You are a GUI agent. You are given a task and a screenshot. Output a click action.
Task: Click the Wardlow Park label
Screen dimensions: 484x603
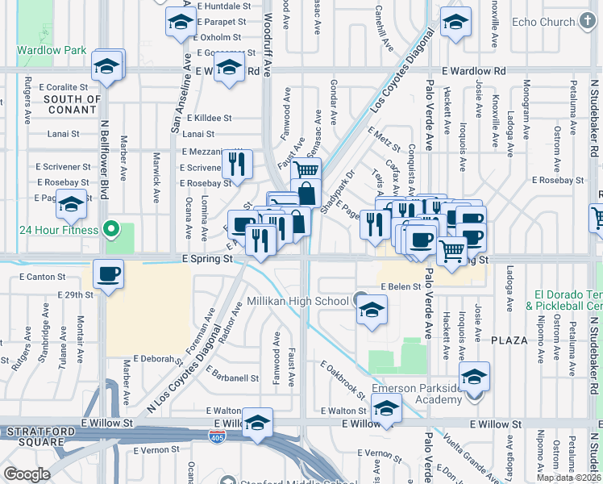tap(52, 50)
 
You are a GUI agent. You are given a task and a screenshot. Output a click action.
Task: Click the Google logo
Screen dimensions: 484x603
tap(27, 474)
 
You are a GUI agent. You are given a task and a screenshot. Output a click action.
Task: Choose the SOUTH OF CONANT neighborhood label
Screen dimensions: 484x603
tap(73, 104)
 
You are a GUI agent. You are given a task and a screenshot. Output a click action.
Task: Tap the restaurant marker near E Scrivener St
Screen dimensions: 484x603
tap(236, 165)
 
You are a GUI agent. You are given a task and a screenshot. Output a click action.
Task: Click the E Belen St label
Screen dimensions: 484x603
tap(401, 286)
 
